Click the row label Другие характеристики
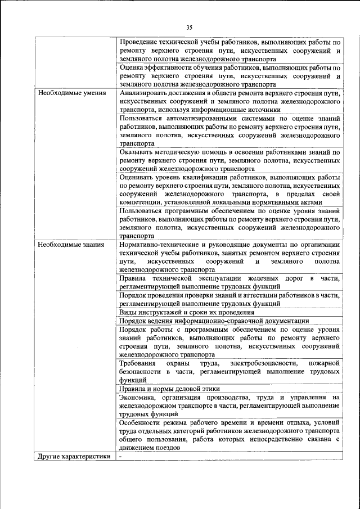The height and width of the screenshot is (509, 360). tap(74, 456)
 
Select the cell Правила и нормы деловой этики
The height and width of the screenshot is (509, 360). tap(169, 389)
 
